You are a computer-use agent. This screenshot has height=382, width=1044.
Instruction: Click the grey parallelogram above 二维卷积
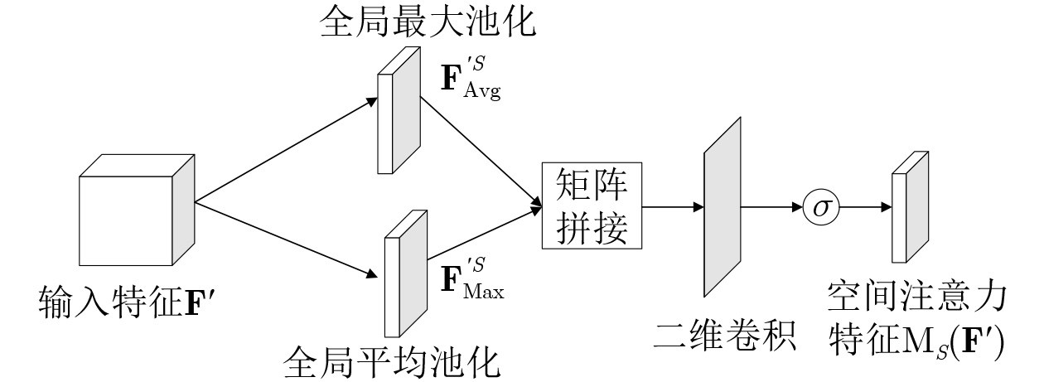click(x=722, y=206)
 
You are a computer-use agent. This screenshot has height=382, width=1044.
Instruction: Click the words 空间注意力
click(x=917, y=297)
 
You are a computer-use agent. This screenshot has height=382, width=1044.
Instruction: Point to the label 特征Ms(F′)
click(x=917, y=340)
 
